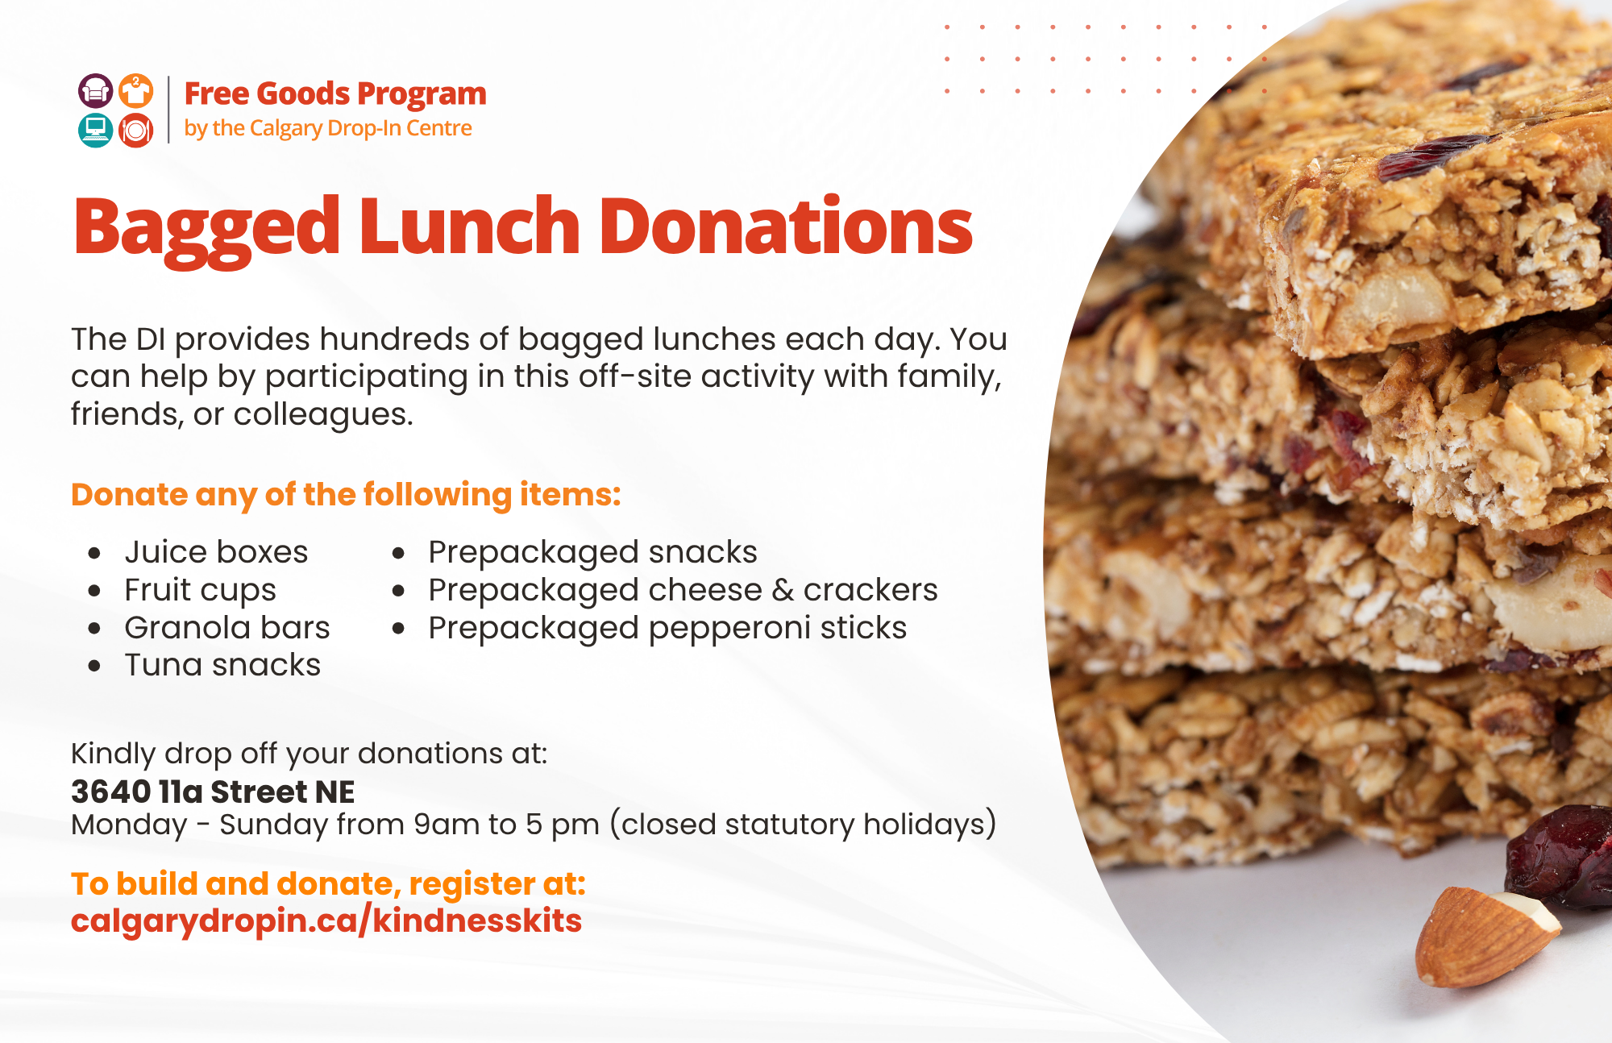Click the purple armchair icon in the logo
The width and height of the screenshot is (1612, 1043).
click(x=95, y=91)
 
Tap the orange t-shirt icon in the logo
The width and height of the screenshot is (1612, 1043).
click(x=136, y=91)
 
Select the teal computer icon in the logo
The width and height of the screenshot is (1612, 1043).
click(x=95, y=130)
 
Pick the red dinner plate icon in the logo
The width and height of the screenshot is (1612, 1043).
click(x=136, y=130)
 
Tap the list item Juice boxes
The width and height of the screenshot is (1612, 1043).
click(x=216, y=552)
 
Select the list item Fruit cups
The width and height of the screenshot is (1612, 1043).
click(x=200, y=590)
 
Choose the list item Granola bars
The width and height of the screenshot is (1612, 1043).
click(x=226, y=628)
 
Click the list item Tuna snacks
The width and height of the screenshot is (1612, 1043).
click(x=222, y=665)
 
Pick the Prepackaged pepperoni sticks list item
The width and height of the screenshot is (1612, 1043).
click(x=667, y=628)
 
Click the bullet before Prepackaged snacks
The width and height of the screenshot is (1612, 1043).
click(x=398, y=554)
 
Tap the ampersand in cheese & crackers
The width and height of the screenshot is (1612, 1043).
click(x=783, y=590)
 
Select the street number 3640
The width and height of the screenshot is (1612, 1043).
click(x=110, y=792)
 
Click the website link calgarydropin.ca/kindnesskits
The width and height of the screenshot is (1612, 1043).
click(x=326, y=920)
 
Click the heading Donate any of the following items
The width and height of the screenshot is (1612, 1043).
click(x=346, y=495)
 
